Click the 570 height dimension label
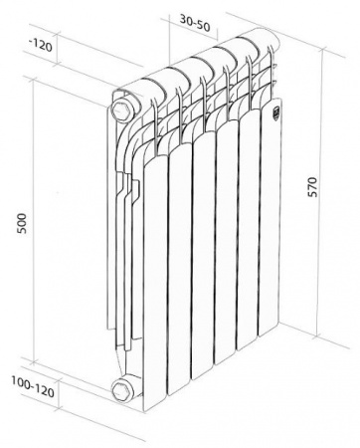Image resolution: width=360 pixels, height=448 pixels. pos(312,187)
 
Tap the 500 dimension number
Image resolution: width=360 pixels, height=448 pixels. pos(22,224)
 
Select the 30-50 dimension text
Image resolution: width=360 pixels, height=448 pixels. pos(195,23)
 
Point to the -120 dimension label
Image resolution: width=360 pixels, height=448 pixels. pos(41,45)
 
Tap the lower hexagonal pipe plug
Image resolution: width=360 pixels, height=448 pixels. pos(120,390)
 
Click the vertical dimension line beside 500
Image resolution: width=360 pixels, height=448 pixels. pos(33,220)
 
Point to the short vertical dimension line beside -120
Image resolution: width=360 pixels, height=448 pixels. pos(59,48)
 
